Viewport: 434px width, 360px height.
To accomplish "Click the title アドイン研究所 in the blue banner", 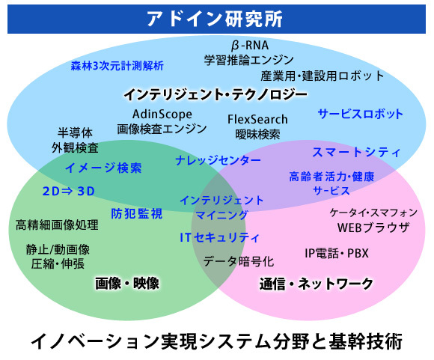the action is tap(215, 19).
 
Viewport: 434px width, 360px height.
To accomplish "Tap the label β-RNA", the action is tap(250, 46).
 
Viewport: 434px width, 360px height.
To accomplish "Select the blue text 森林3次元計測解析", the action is tap(117, 66).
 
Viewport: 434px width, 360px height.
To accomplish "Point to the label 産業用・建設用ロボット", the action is tap(323, 76).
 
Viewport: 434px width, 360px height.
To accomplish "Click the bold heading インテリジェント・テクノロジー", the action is tap(216, 94).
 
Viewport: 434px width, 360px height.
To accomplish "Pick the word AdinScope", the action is tap(162, 114).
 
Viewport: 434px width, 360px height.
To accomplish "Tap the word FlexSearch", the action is tap(257, 119).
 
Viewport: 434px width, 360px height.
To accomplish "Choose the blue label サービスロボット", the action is tap(361, 114).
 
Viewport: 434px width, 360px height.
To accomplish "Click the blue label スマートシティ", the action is tap(356, 153).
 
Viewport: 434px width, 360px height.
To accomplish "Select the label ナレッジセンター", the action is tap(218, 160).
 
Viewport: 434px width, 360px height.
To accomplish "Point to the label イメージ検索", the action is tap(103, 168).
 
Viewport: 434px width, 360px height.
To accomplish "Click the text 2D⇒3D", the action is tap(69, 191).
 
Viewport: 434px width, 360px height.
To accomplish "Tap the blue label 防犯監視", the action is tap(137, 213).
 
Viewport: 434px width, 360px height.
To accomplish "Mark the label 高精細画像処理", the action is tap(57, 225).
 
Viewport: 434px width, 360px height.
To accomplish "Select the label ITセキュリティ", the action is tap(220, 237).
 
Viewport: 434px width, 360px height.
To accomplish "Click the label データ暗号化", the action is tap(239, 261).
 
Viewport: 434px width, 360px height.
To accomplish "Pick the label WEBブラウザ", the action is tap(373, 228).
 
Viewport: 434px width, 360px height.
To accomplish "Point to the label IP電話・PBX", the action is tap(337, 253).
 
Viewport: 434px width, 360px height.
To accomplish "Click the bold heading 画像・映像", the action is tap(127, 284).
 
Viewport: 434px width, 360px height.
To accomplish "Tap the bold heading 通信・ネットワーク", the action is tap(317, 284).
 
